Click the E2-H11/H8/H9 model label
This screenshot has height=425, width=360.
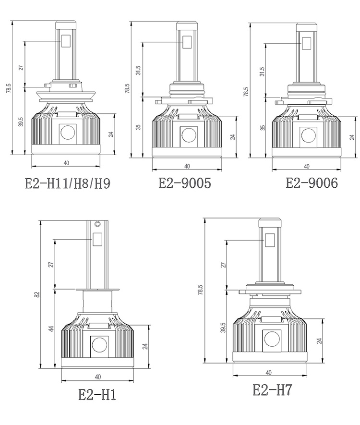(x=68, y=184)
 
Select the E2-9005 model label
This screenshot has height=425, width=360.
(x=184, y=183)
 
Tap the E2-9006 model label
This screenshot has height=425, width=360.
(x=312, y=183)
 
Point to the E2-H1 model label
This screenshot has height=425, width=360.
(x=97, y=395)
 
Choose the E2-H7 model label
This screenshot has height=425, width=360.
(x=272, y=390)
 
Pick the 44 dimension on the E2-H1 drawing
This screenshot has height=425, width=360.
(x=51, y=329)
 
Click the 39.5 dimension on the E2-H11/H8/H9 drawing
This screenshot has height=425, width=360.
(x=21, y=121)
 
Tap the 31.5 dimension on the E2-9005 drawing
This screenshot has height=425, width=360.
(x=138, y=71)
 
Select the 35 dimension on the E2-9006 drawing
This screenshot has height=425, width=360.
(x=263, y=128)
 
